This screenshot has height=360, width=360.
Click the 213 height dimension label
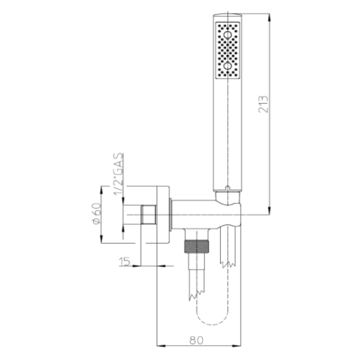[x=263, y=104]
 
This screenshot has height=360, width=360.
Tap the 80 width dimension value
[x=197, y=340]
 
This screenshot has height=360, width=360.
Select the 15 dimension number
[x=124, y=262]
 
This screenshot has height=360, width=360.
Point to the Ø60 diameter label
[x=96, y=213]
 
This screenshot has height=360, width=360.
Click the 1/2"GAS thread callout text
[x=118, y=174]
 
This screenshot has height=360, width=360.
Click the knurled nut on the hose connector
[x=197, y=247]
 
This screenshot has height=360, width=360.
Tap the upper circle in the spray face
[x=227, y=35]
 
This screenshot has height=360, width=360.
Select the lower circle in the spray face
[x=227, y=66]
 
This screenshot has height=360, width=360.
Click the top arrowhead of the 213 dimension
[x=269, y=18]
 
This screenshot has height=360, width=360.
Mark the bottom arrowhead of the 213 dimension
[x=269, y=211]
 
